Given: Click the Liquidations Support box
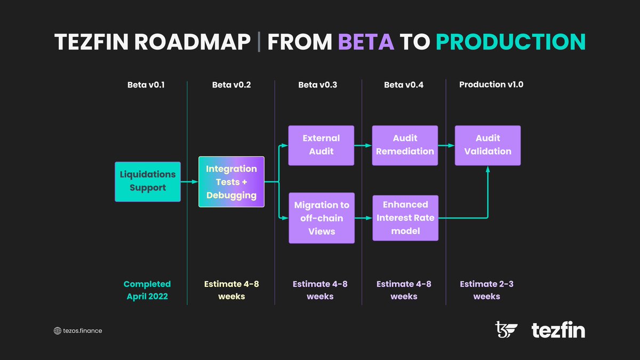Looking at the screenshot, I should point(148,181).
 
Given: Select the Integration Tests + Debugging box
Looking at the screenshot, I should point(231,182).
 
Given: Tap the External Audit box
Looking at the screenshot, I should point(321,145).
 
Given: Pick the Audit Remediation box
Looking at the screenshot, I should point(405,145).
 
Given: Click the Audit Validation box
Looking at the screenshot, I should point(487,145).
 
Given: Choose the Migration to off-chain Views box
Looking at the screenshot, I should point(321,218).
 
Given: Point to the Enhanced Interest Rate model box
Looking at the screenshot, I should point(405,218).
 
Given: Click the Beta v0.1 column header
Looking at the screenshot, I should point(146,85).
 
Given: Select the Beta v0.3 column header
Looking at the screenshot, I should point(317,85).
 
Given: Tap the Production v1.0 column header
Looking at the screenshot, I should point(491,85).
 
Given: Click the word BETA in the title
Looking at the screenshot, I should point(366,42).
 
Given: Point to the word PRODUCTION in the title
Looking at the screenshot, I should point(510,42).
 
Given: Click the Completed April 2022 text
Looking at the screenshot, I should point(147,290).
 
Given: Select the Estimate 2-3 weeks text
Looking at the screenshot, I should point(487,290).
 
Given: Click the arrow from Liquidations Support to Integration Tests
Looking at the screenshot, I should point(189,182).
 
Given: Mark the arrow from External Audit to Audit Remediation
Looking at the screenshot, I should point(363,145).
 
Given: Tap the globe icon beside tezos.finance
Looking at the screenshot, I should point(58,331).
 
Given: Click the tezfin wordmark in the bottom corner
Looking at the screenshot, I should point(558,331).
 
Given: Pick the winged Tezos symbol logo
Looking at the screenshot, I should point(506,330).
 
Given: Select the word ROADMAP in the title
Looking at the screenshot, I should point(193,42).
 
